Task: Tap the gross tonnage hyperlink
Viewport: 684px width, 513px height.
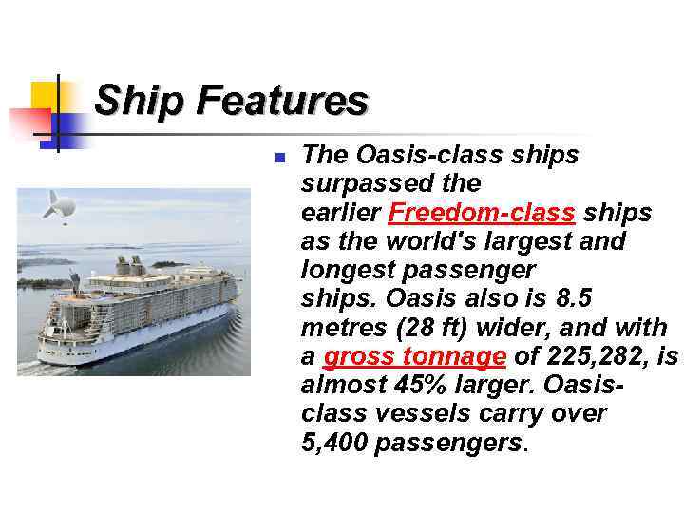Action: coord(414,357)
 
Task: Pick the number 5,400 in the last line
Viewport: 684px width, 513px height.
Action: coord(334,444)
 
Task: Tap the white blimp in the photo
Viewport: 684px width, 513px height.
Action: coord(61,203)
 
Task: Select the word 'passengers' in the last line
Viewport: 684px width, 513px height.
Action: coord(448,444)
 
